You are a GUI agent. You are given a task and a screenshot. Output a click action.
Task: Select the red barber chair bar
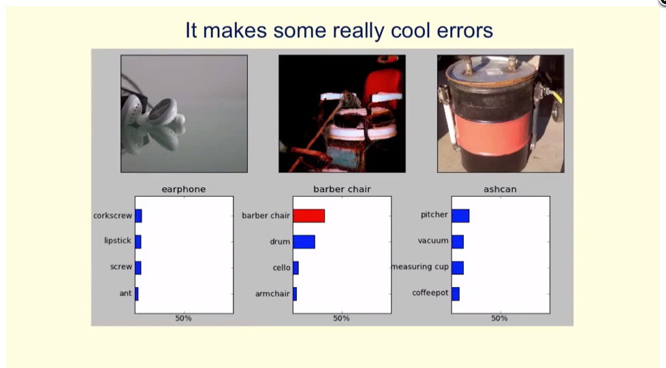coord(308,216)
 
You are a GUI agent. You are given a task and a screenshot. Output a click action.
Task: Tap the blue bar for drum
coord(304,242)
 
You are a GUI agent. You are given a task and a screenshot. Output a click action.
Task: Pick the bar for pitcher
coord(460,216)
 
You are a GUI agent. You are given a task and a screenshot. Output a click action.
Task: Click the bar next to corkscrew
coord(138,216)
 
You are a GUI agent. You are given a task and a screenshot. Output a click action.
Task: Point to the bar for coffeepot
coord(456,294)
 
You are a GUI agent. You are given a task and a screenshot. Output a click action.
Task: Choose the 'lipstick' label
coord(118,241)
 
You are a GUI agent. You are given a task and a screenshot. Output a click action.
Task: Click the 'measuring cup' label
coord(420,267)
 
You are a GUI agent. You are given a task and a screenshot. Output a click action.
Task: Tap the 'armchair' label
coord(272,294)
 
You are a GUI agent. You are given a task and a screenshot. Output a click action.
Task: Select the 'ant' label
coord(125,293)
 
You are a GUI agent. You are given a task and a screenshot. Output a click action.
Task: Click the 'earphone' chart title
coord(183,189)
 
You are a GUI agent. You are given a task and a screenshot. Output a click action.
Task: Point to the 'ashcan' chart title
coord(500,189)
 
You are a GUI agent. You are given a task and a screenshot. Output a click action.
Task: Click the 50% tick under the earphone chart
coord(183,318)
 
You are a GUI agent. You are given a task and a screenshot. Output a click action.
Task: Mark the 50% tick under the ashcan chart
coord(500,318)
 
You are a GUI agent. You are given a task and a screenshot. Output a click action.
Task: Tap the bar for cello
coord(296,268)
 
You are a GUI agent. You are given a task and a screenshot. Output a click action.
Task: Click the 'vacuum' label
coord(433,241)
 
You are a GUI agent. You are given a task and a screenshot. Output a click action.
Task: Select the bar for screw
coord(138,268)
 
